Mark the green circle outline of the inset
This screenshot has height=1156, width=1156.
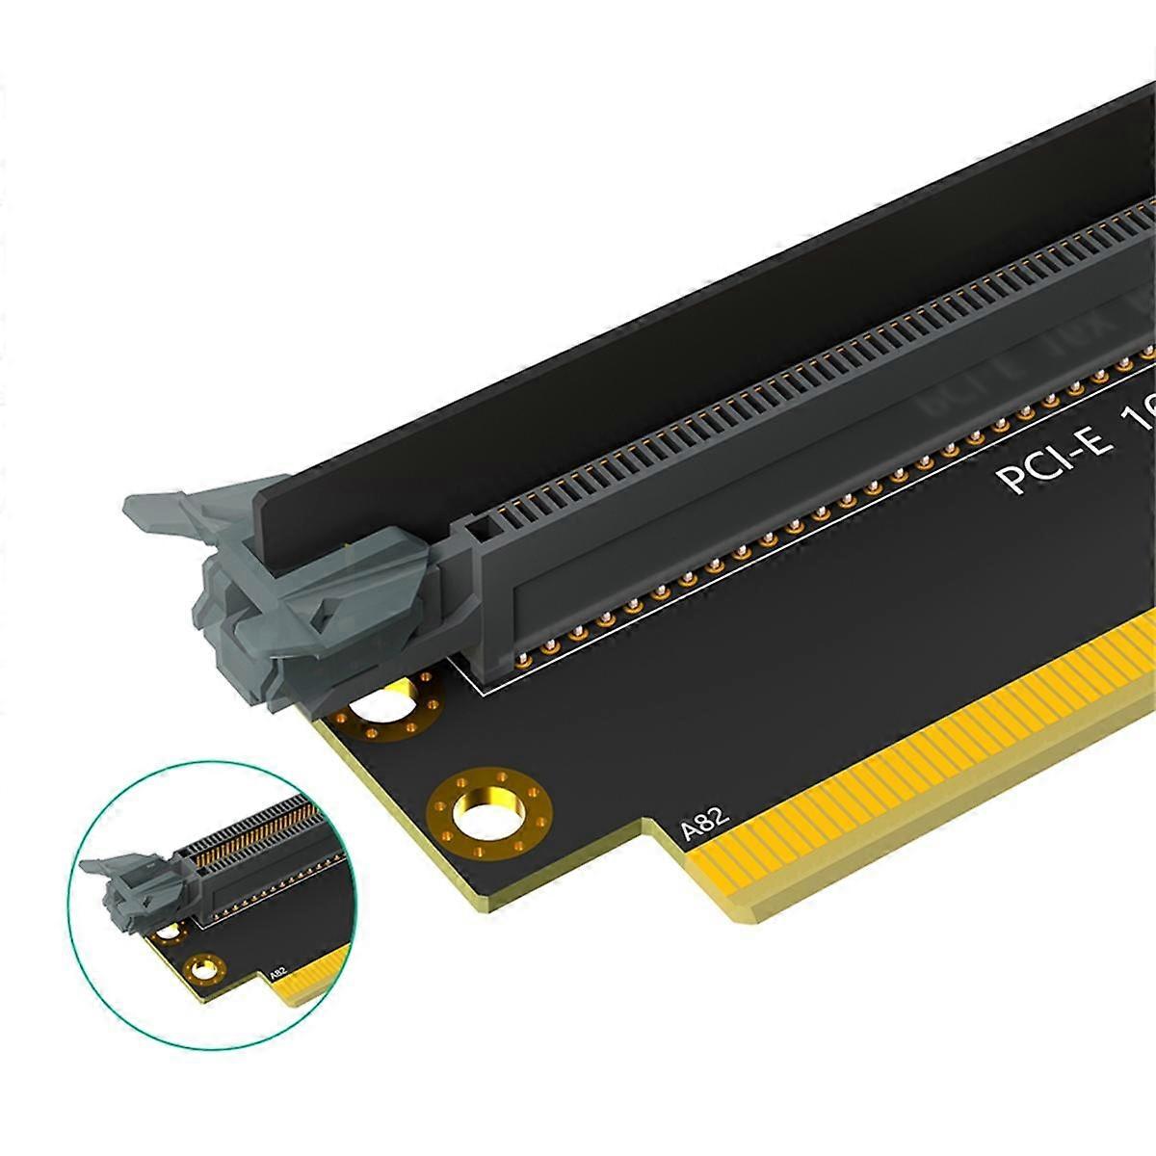coord(87,963)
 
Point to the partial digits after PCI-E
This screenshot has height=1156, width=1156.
coord(1137,424)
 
